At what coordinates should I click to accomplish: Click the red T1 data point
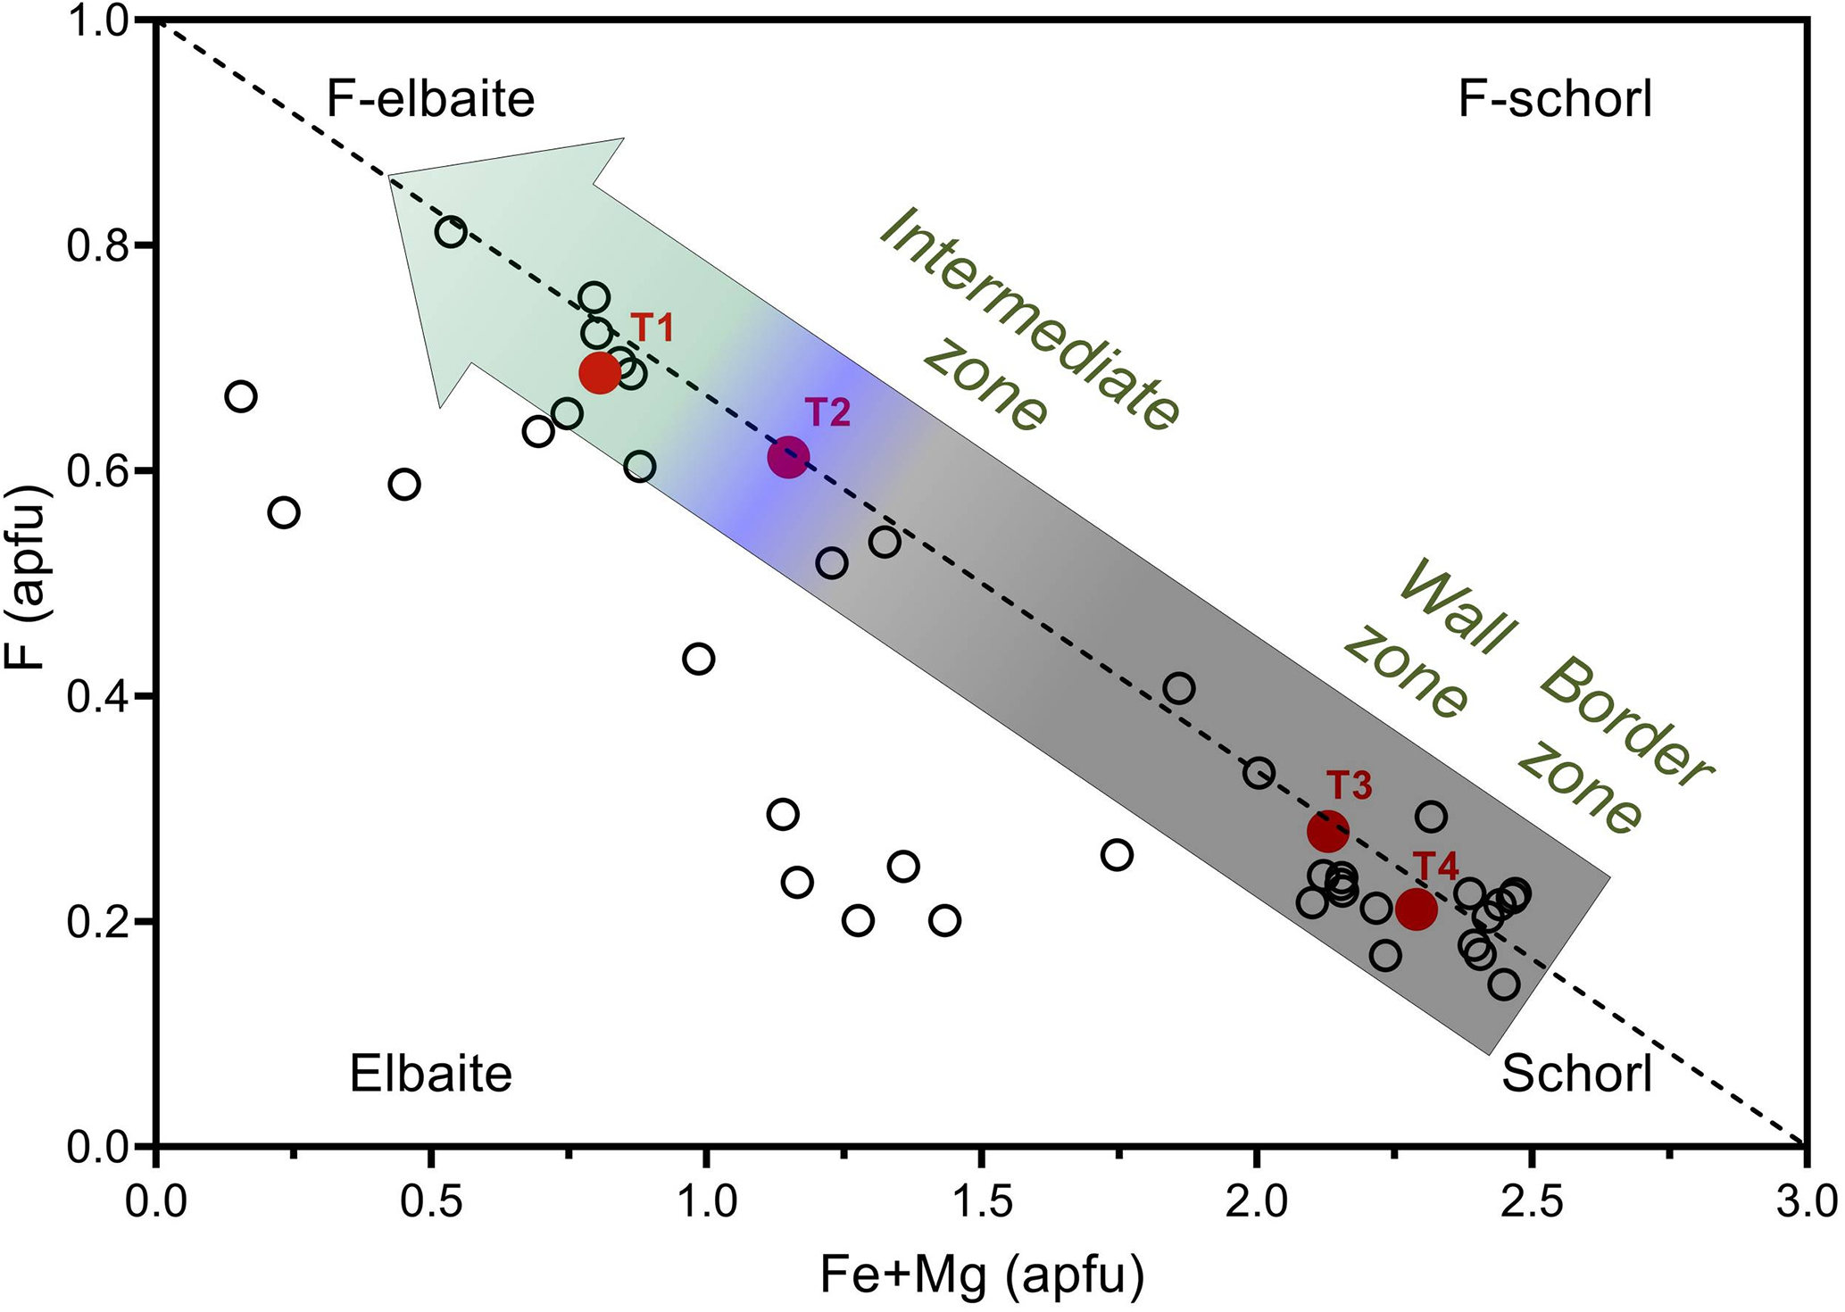(599, 372)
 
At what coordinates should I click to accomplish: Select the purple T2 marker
(788, 458)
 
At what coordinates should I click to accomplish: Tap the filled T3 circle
(1327, 832)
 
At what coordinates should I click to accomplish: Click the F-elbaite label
(430, 99)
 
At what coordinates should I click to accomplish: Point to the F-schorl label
(1555, 99)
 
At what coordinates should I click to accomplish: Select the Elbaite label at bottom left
(430, 1074)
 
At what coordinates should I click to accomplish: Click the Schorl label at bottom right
(1576, 1074)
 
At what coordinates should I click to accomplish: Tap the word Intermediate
(1031, 317)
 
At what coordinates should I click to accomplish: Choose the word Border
(1625, 723)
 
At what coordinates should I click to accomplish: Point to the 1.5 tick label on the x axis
(982, 1201)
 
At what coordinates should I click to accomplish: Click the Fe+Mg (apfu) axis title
(982, 1276)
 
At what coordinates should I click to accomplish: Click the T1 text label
(652, 328)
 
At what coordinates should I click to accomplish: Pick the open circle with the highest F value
(451, 233)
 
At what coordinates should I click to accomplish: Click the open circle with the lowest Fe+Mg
(241, 396)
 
